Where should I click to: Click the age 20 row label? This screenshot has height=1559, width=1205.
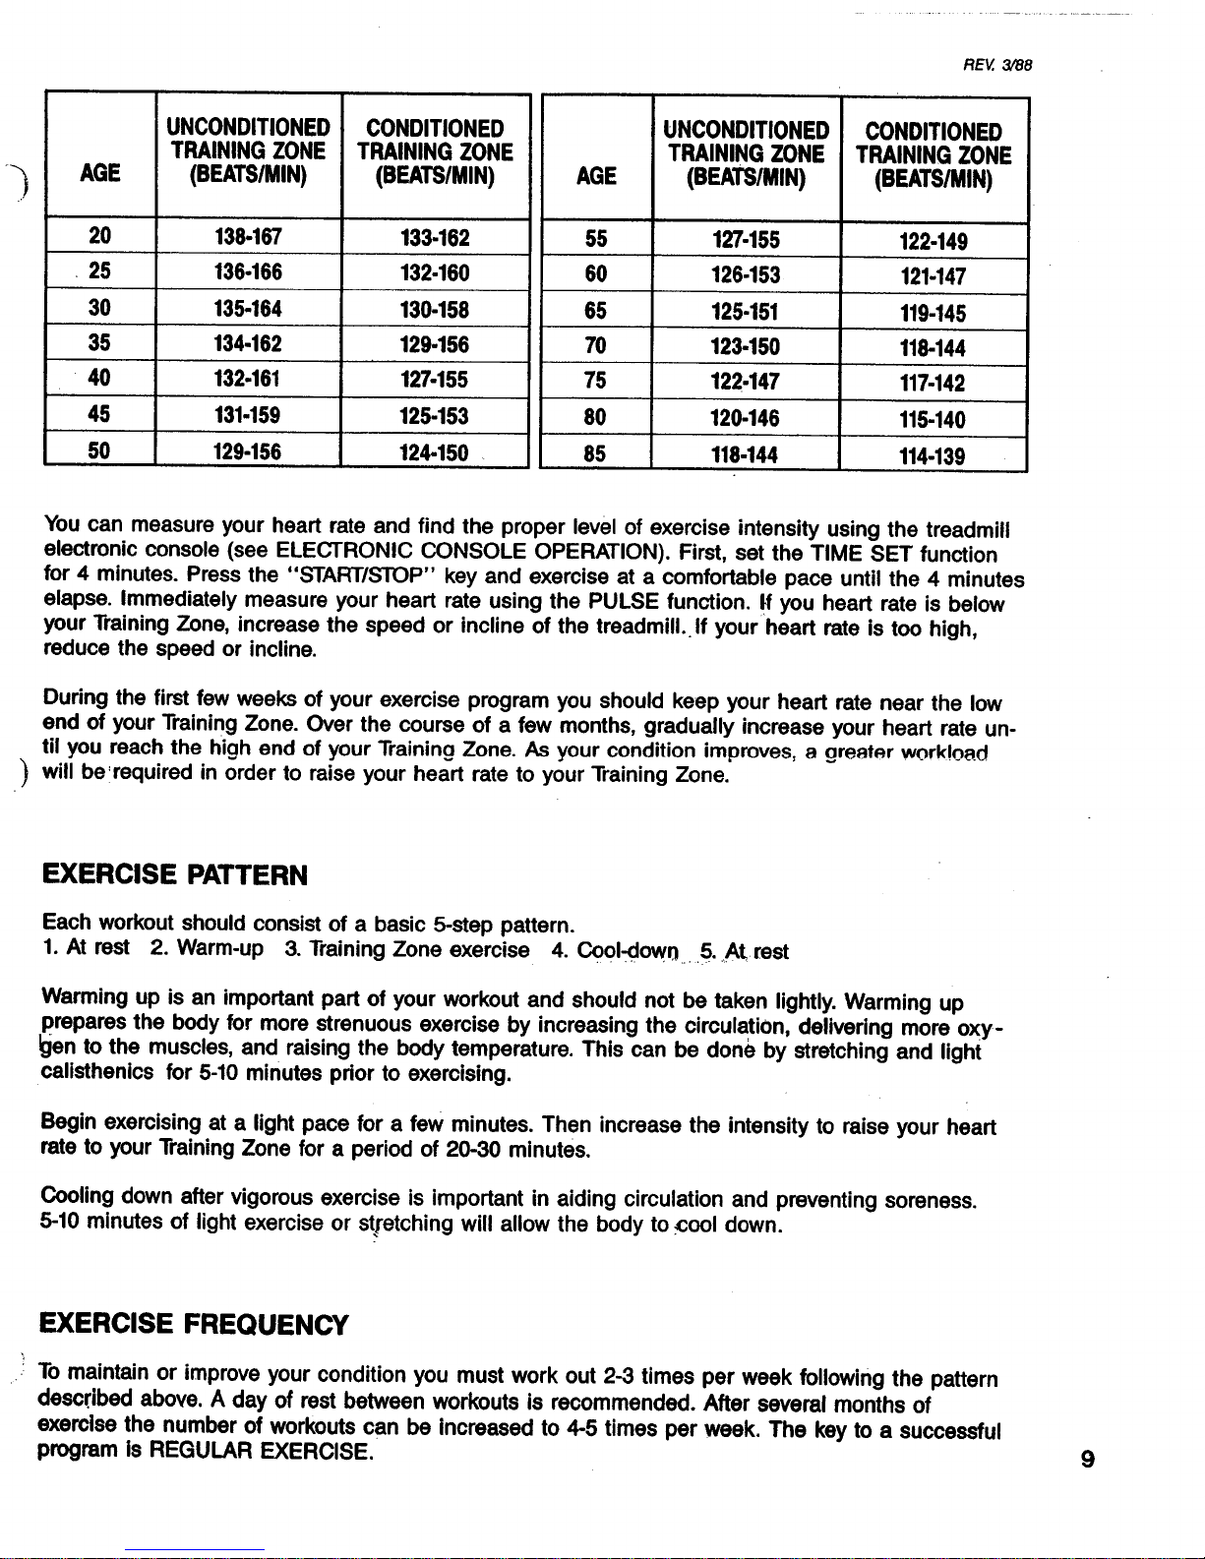click(x=100, y=236)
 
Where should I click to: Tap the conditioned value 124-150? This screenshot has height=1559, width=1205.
click(x=434, y=452)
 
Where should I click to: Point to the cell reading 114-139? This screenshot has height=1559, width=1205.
click(x=932, y=456)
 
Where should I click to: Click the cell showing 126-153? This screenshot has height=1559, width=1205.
click(x=746, y=274)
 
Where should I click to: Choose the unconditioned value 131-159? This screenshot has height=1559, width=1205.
click(x=247, y=416)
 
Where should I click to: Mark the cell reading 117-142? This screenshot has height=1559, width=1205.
click(x=932, y=384)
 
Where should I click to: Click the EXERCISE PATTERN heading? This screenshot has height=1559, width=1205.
click(x=175, y=874)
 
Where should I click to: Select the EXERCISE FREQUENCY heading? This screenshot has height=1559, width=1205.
click(x=195, y=1325)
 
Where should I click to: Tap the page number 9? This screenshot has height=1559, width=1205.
click(x=1087, y=1460)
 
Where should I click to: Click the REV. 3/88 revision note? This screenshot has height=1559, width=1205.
click(x=995, y=67)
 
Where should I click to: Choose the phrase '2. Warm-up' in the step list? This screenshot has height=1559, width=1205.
click(x=208, y=951)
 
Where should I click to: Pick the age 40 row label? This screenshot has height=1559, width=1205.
click(x=100, y=380)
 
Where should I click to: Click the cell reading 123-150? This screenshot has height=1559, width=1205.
click(x=746, y=347)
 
